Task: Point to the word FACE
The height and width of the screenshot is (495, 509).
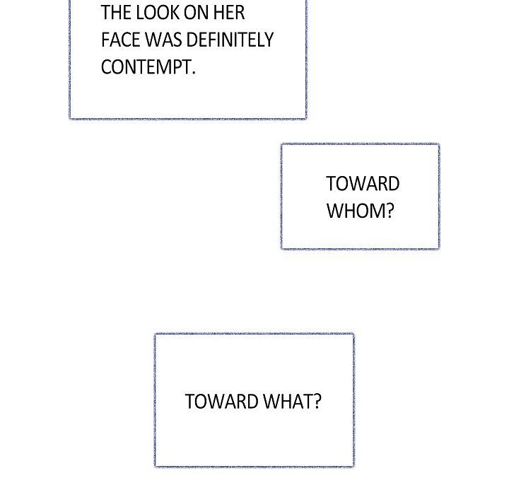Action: (x=120, y=40)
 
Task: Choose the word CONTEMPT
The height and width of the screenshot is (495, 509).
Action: (x=146, y=67)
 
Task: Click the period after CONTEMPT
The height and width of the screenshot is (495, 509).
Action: (x=193, y=73)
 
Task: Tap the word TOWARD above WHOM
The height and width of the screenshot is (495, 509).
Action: (x=363, y=184)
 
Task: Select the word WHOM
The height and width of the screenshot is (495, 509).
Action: (x=356, y=211)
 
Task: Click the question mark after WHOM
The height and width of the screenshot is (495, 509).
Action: (x=389, y=211)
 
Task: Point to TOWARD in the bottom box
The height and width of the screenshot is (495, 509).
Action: (x=221, y=402)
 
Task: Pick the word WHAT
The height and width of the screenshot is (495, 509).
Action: (x=286, y=402)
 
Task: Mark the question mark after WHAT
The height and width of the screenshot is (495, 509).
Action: (x=317, y=402)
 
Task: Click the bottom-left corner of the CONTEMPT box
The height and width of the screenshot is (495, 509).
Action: (x=70, y=118)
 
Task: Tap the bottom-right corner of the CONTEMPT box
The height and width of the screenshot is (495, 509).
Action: (x=306, y=118)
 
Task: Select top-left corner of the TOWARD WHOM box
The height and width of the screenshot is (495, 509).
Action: (x=281, y=144)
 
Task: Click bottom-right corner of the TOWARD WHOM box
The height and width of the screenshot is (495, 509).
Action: (x=439, y=248)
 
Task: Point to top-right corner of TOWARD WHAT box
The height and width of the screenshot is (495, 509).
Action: (x=353, y=334)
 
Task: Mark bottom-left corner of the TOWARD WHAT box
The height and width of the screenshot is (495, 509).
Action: (x=155, y=467)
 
